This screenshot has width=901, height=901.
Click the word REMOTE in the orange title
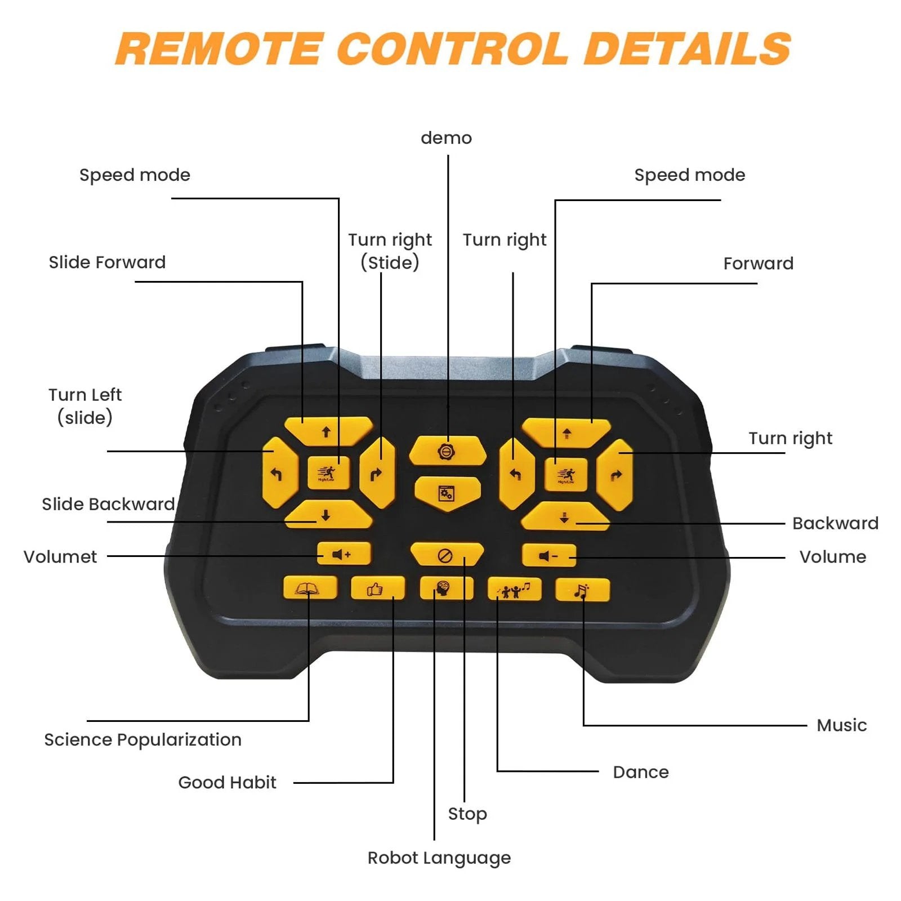(220, 48)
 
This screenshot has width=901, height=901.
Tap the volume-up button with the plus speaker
(343, 554)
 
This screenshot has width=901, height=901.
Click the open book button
(309, 589)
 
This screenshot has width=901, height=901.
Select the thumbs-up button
(377, 589)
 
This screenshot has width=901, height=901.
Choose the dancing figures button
(514, 590)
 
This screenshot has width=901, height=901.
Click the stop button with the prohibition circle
(446, 555)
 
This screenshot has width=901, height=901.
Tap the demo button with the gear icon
(447, 451)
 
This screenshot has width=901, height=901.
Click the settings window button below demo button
(447, 493)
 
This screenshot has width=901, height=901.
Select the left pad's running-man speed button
(328, 472)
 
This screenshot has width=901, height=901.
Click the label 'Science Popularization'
(142, 739)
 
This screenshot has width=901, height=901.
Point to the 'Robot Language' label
(439, 858)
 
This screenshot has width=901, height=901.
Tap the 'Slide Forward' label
(107, 262)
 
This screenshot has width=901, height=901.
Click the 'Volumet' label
(60, 557)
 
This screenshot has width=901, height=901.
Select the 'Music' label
(841, 725)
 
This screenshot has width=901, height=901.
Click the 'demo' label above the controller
(446, 138)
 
